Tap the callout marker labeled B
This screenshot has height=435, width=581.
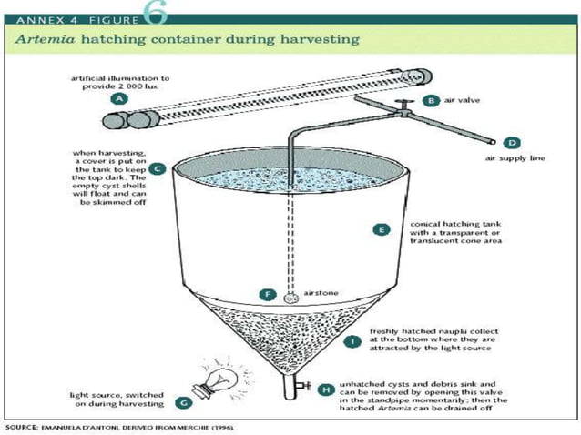click(x=431, y=102)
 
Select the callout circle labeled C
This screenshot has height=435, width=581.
click(x=158, y=168)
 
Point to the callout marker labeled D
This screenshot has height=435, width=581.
click(x=512, y=142)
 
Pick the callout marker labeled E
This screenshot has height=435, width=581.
click(x=383, y=229)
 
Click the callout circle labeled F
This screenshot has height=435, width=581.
click(x=267, y=294)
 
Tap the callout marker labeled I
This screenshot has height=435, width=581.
click(x=353, y=341)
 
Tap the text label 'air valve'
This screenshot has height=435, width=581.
click(x=462, y=102)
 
